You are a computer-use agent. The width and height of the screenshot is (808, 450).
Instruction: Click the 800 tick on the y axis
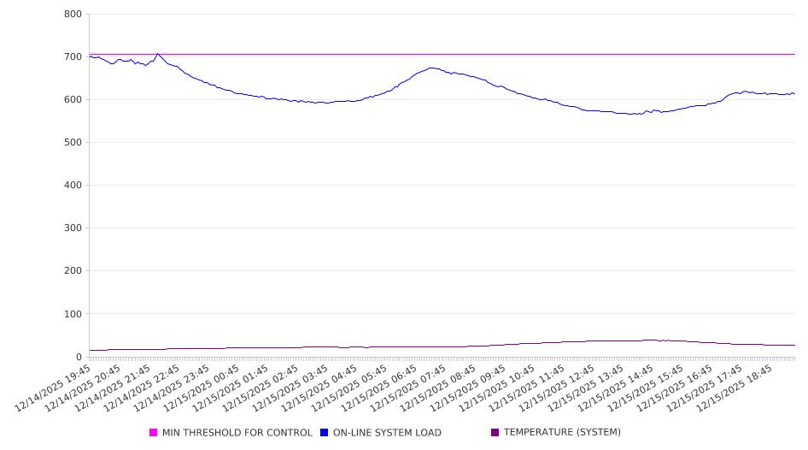point(73,15)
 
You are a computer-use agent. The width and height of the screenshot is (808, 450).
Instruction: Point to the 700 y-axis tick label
point(73,57)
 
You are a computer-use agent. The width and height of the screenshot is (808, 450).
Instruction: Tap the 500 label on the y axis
point(73,143)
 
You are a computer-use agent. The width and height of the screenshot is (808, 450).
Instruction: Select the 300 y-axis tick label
point(73,228)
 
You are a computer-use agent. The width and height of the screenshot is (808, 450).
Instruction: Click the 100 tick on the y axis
point(73,314)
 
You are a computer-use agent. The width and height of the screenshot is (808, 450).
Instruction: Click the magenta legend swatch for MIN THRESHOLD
point(154,433)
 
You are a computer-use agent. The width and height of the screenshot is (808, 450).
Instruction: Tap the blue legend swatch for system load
point(325,433)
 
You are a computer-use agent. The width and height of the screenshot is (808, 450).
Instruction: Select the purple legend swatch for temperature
point(495,433)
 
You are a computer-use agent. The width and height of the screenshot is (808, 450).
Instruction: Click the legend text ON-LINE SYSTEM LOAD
point(387,433)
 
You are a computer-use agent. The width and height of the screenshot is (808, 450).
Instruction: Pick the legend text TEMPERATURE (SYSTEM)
point(562,433)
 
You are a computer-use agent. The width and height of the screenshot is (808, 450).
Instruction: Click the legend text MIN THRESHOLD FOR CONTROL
point(237,433)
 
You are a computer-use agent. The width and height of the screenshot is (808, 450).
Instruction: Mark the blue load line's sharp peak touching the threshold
point(157,54)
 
